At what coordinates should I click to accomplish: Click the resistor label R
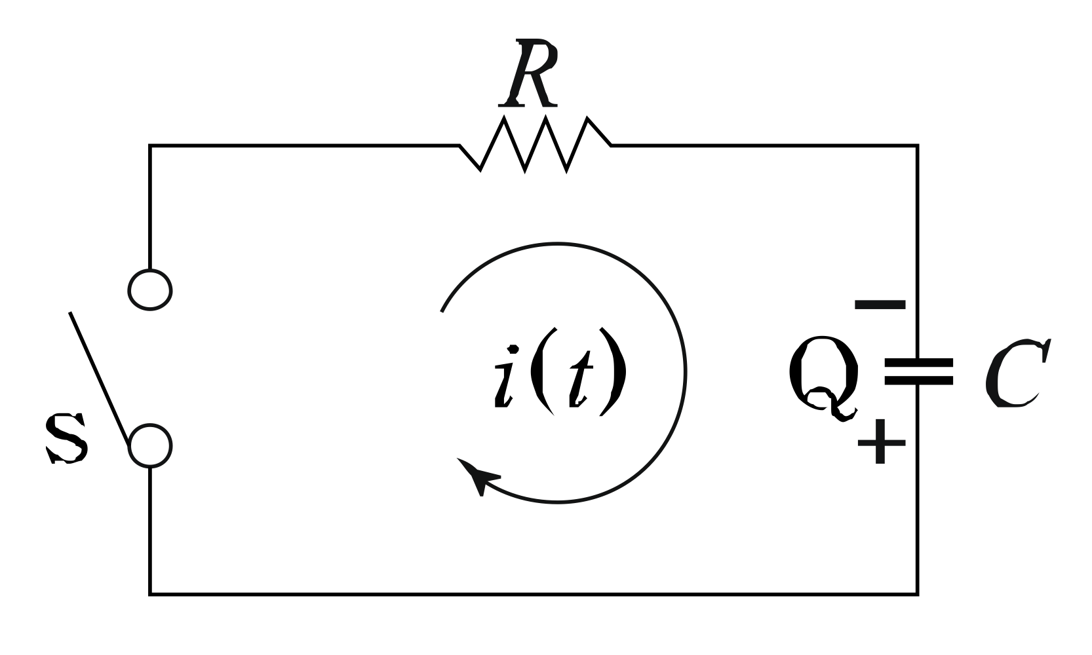530,73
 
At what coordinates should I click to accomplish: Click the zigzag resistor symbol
535,144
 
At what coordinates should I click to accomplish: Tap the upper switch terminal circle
150,289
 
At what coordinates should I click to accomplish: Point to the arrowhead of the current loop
477,476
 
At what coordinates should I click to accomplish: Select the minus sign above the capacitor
880,305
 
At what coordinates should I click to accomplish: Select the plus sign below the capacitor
881,442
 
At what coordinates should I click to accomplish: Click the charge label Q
823,377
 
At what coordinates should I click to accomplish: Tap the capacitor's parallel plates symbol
918,371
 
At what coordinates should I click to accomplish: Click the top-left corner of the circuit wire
151,146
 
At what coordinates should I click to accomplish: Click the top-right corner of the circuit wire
916,146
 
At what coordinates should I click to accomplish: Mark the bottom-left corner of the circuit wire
151,593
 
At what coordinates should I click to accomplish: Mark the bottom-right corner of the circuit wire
916,593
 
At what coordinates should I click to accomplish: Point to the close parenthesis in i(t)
615,371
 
